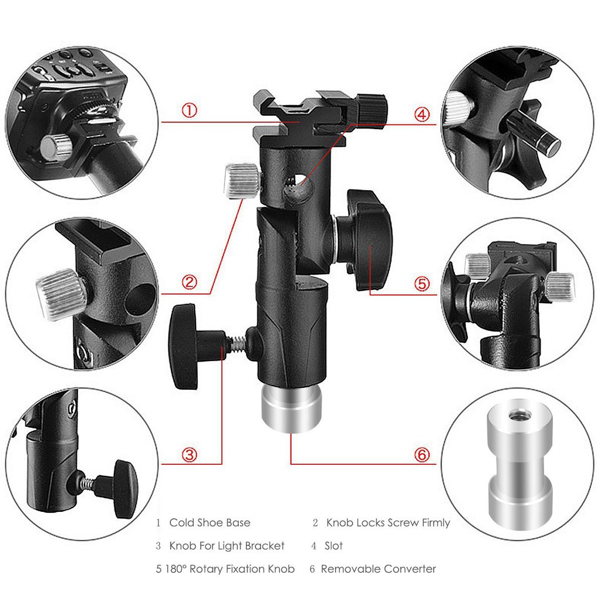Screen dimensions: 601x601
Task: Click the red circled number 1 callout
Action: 189,110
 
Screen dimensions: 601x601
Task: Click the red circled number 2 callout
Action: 189,282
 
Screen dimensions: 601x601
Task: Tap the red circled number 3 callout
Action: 189,454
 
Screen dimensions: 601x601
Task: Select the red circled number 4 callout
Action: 422,114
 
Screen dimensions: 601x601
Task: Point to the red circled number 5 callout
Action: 422,283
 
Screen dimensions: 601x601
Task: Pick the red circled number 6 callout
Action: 422,455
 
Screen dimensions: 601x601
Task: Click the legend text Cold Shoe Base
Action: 210,522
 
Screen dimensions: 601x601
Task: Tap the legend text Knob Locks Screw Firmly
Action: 388,522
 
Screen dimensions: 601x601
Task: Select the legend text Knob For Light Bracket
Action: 227,546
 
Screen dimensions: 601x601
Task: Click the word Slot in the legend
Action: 334,546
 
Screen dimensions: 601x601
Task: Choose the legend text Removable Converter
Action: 379,569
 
